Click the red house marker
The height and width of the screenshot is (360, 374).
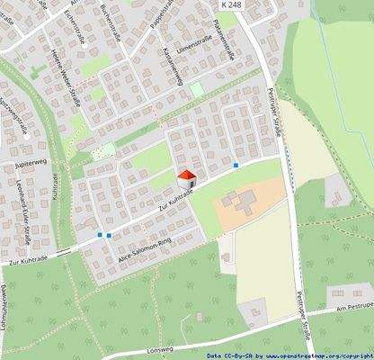(186, 177)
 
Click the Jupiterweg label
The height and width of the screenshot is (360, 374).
(31, 166)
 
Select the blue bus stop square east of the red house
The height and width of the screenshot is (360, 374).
(236, 165)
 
